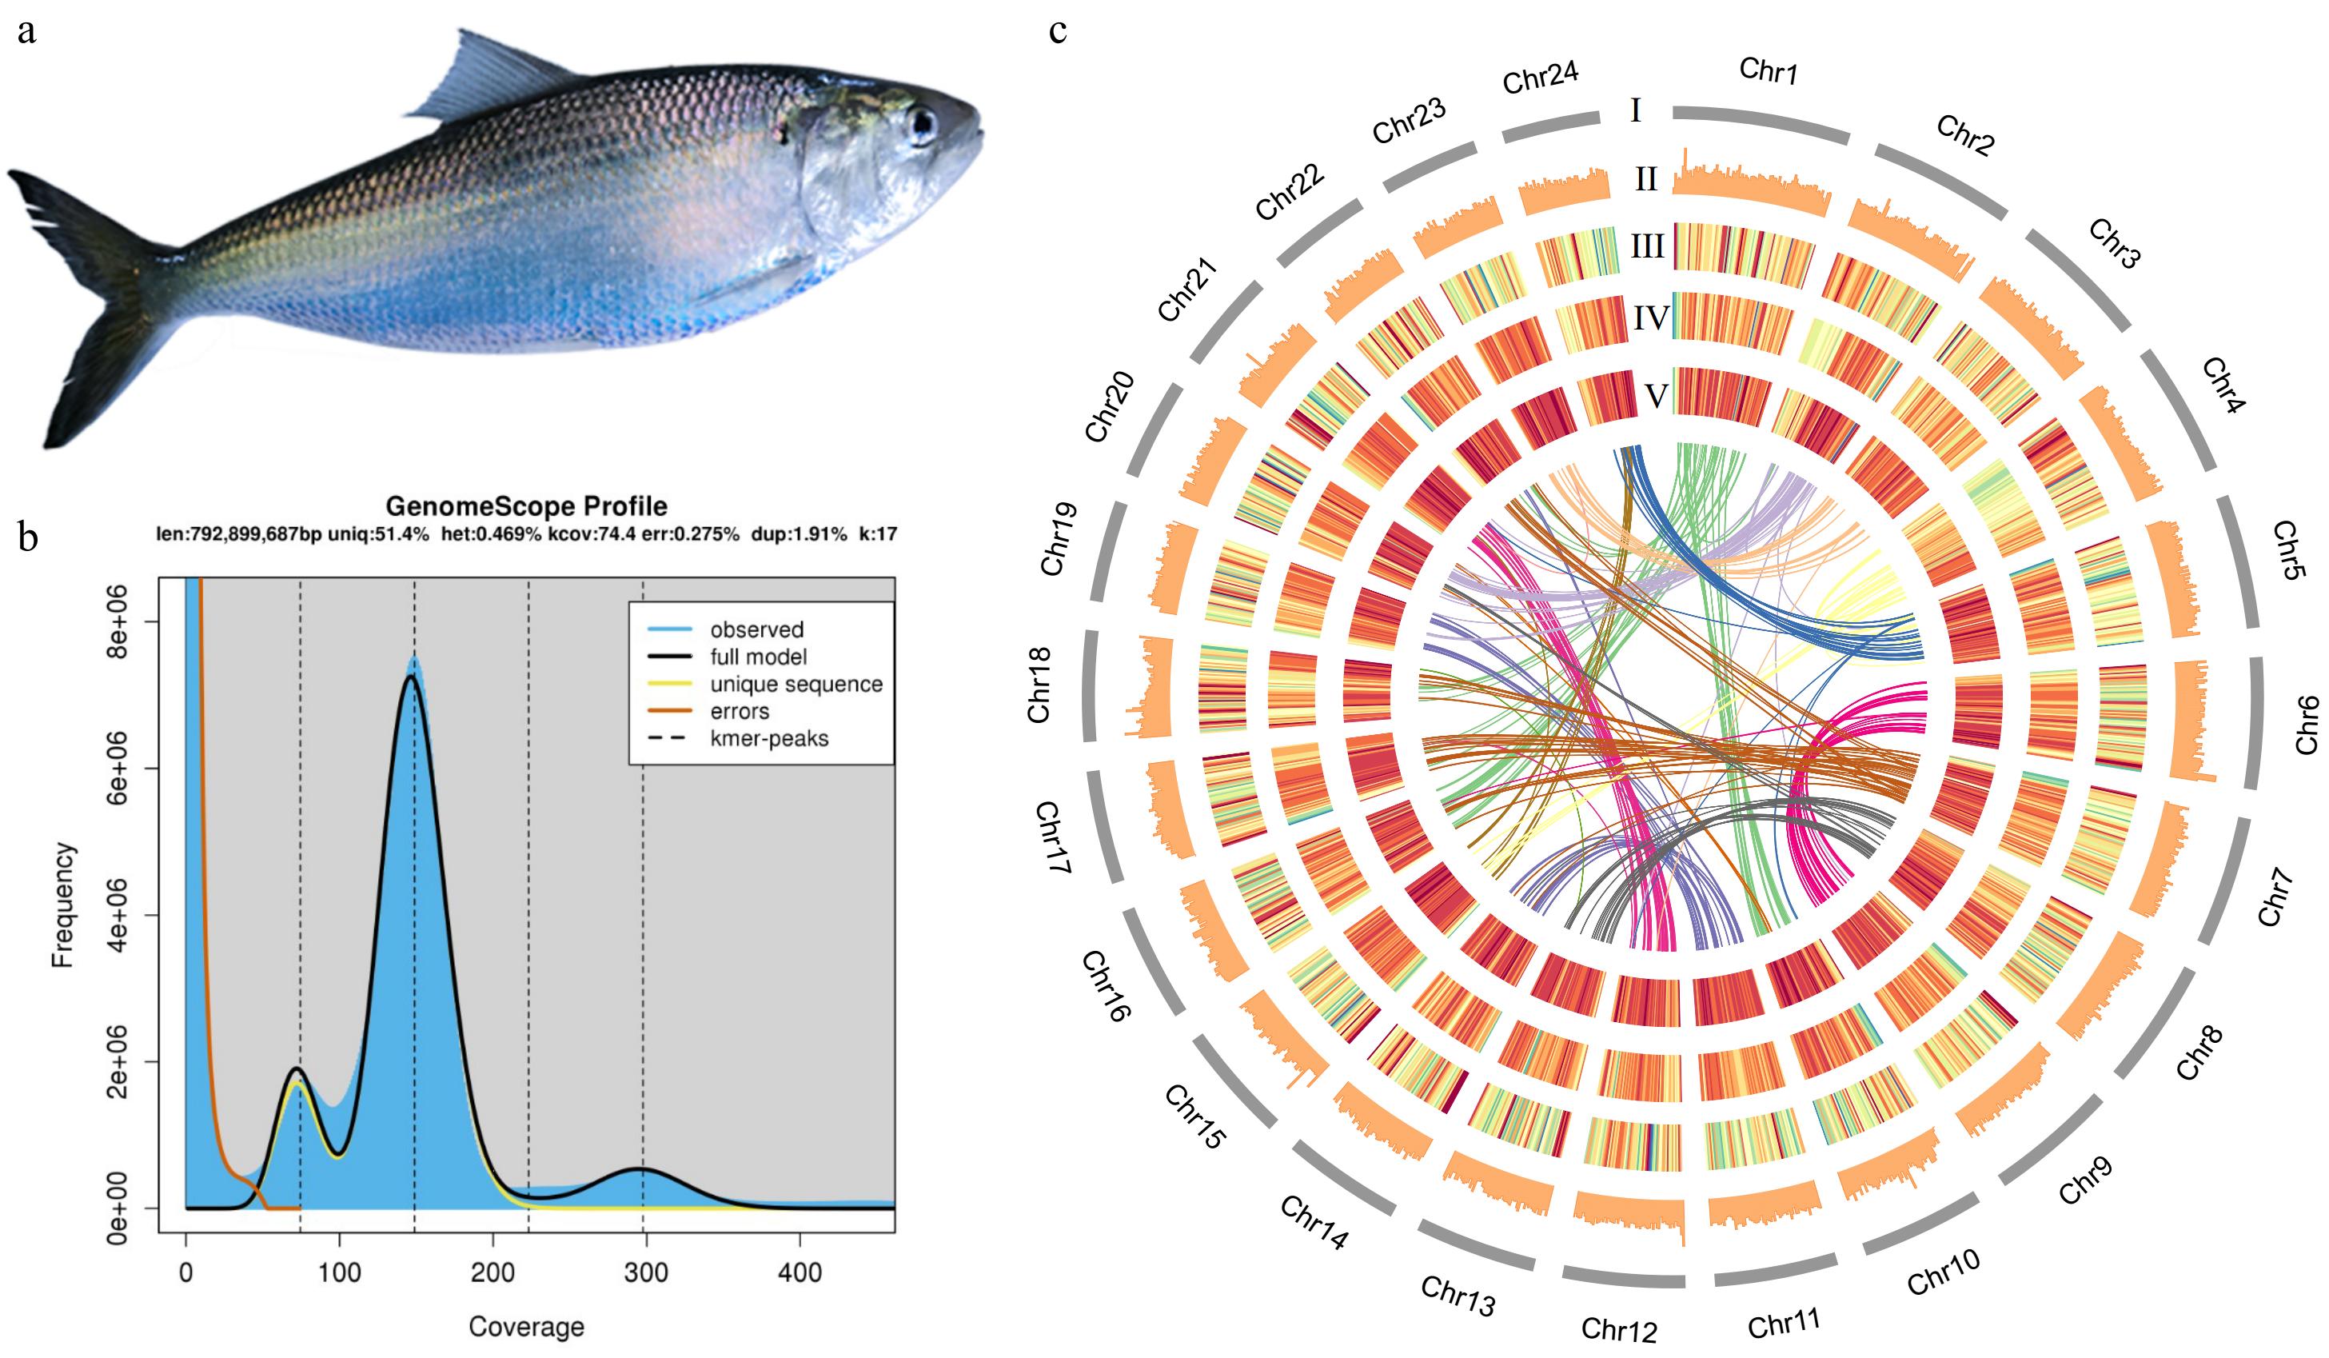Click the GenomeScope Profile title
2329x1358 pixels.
pos(526,505)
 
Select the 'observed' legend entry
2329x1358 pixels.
pos(756,629)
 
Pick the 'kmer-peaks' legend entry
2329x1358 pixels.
pos(768,739)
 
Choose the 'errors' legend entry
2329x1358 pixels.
pos(739,711)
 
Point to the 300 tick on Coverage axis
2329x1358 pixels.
pos(645,1273)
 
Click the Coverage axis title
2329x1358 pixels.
pos(526,1327)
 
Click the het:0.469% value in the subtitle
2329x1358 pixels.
pos(491,533)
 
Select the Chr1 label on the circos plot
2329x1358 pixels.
pos(1768,70)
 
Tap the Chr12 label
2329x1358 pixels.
pos(1618,1328)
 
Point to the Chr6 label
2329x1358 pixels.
pos(2307,724)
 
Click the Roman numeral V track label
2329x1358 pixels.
pos(1656,396)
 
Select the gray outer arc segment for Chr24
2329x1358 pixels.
pos(1551,126)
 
